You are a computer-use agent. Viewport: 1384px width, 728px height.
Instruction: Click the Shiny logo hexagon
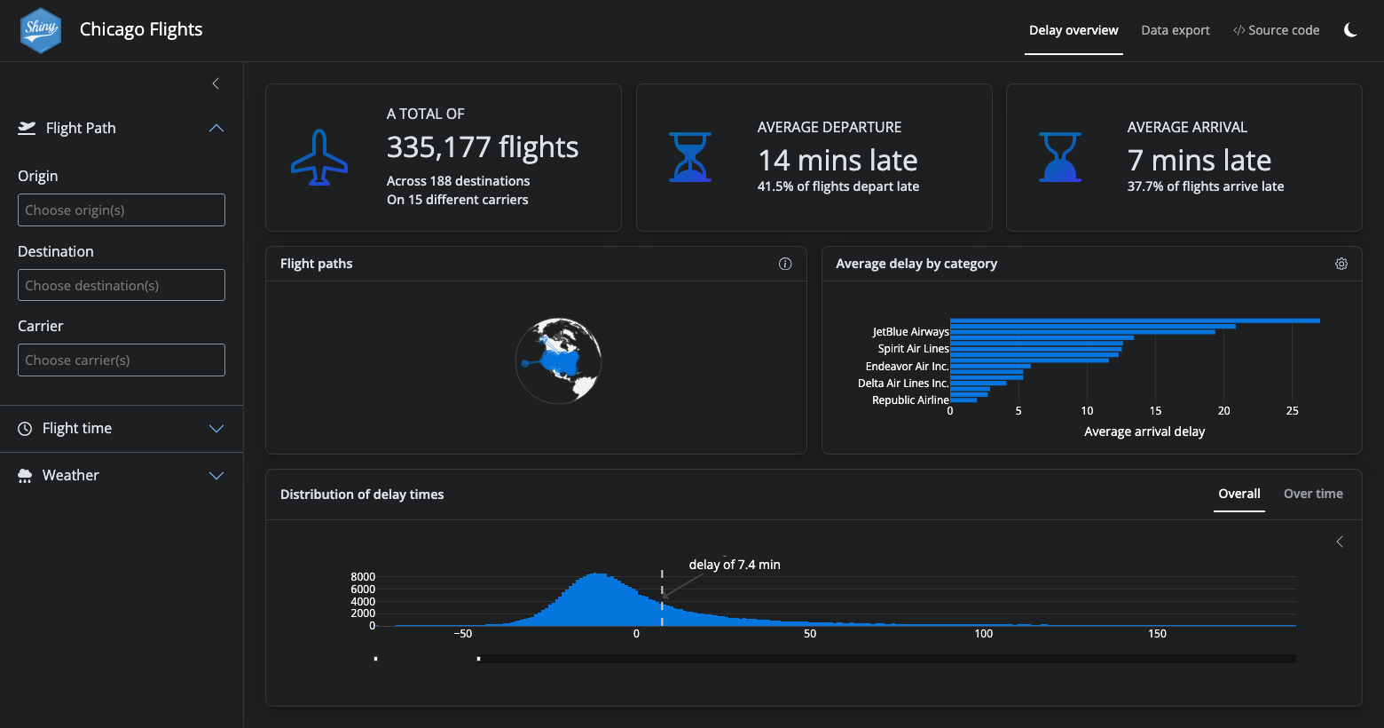(41, 30)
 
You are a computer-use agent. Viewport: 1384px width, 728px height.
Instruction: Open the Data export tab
(1175, 30)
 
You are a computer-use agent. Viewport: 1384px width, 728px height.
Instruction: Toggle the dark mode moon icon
(1350, 30)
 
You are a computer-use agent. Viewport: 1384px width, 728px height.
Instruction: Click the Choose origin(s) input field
(122, 210)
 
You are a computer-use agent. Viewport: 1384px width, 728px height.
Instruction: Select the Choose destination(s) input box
(122, 285)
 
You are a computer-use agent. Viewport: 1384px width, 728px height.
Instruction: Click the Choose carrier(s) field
(122, 360)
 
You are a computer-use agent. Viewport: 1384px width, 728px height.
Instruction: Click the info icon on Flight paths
(785, 264)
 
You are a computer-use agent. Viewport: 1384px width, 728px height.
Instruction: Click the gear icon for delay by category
(1341, 264)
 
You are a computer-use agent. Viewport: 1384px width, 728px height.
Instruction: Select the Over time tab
(1313, 495)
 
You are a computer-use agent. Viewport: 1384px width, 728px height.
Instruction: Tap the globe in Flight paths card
(559, 360)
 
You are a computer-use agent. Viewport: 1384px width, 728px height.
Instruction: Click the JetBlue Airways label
(910, 332)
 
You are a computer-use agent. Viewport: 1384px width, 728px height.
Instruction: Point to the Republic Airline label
(910, 400)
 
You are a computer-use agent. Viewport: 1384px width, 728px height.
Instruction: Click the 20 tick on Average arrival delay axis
(1223, 411)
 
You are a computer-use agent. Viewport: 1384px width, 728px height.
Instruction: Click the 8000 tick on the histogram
(363, 577)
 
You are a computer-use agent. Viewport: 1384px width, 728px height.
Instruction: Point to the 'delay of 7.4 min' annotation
(735, 565)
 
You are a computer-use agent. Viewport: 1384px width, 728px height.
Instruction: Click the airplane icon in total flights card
(319, 158)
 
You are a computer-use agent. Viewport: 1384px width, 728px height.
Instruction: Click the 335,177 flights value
(483, 147)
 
